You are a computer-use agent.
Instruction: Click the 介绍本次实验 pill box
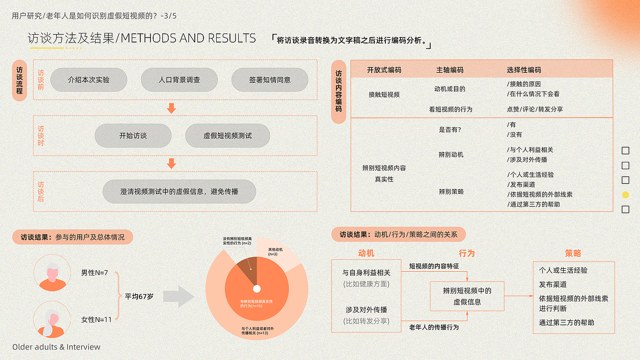(x=89, y=80)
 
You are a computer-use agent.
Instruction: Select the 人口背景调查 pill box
(x=179, y=80)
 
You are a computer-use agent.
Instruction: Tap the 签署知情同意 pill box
(x=270, y=80)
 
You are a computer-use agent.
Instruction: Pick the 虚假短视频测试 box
(x=228, y=136)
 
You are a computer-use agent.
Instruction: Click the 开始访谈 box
(x=133, y=136)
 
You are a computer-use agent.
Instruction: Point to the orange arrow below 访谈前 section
(x=171, y=108)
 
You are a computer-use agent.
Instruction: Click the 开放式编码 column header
(x=384, y=70)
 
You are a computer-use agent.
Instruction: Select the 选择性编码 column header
(x=524, y=70)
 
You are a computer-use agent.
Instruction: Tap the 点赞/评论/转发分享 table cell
(x=535, y=109)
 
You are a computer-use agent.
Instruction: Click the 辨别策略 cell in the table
(x=451, y=192)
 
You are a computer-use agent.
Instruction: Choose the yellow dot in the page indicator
(x=625, y=195)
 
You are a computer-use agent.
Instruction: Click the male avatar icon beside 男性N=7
(x=52, y=273)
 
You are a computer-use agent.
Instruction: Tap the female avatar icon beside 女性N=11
(x=52, y=319)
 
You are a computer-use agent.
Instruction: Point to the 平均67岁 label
(x=139, y=296)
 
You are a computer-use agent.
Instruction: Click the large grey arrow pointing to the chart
(x=178, y=296)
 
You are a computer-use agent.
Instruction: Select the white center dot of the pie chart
(x=257, y=289)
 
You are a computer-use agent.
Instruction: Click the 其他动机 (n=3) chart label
(x=276, y=252)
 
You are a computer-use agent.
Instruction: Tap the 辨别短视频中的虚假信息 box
(x=467, y=296)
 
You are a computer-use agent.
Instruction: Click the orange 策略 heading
(x=573, y=253)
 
